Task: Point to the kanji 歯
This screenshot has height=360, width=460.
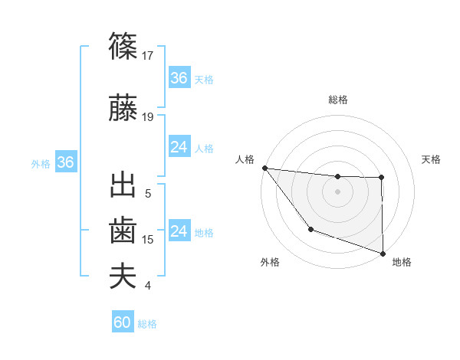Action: tap(123, 231)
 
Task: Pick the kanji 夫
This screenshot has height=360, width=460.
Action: tap(123, 276)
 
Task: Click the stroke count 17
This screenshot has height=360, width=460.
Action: tap(149, 56)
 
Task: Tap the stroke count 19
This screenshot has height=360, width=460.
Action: tap(149, 117)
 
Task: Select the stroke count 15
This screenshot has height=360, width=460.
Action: tap(149, 240)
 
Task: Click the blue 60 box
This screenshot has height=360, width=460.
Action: tap(123, 323)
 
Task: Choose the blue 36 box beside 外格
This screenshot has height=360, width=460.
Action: tap(65, 162)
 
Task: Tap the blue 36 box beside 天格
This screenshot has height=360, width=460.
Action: tap(179, 78)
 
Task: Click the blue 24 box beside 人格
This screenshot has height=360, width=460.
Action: tap(179, 147)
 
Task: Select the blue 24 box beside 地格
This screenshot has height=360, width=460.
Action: tap(179, 231)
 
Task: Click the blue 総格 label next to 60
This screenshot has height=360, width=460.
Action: tap(147, 324)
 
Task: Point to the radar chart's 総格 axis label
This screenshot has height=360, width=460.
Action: tap(337, 100)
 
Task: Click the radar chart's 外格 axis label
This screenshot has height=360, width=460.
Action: tap(270, 262)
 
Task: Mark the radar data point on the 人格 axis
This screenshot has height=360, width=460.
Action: tap(264, 168)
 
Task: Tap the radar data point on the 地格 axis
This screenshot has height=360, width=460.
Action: tap(383, 252)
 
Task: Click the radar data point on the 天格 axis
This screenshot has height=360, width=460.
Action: tap(381, 178)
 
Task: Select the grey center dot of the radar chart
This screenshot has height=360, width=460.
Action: tap(337, 191)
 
